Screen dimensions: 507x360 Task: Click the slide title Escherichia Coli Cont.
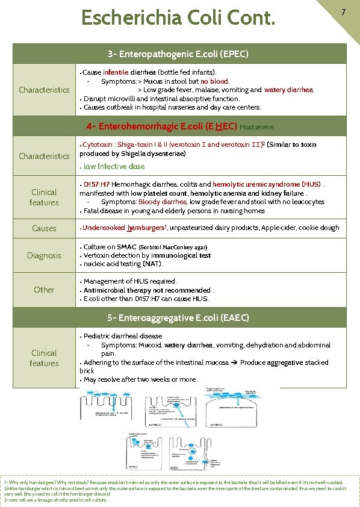(x=178, y=17)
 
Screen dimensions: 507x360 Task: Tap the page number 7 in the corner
(x=343, y=12)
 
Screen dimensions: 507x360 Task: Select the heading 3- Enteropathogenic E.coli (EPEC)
(x=178, y=54)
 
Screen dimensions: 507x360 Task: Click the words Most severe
(x=256, y=128)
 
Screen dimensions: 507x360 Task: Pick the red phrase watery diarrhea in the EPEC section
(x=288, y=90)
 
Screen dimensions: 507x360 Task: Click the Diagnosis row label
(x=44, y=255)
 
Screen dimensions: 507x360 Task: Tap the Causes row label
(x=44, y=228)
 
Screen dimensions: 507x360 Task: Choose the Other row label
(x=44, y=290)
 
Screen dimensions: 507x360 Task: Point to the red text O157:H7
(x=96, y=184)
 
